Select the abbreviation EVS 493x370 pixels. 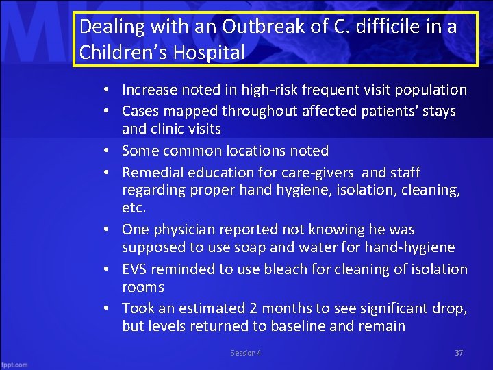coord(135,269)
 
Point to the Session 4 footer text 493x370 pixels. coord(245,353)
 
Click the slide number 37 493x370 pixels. coord(459,353)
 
